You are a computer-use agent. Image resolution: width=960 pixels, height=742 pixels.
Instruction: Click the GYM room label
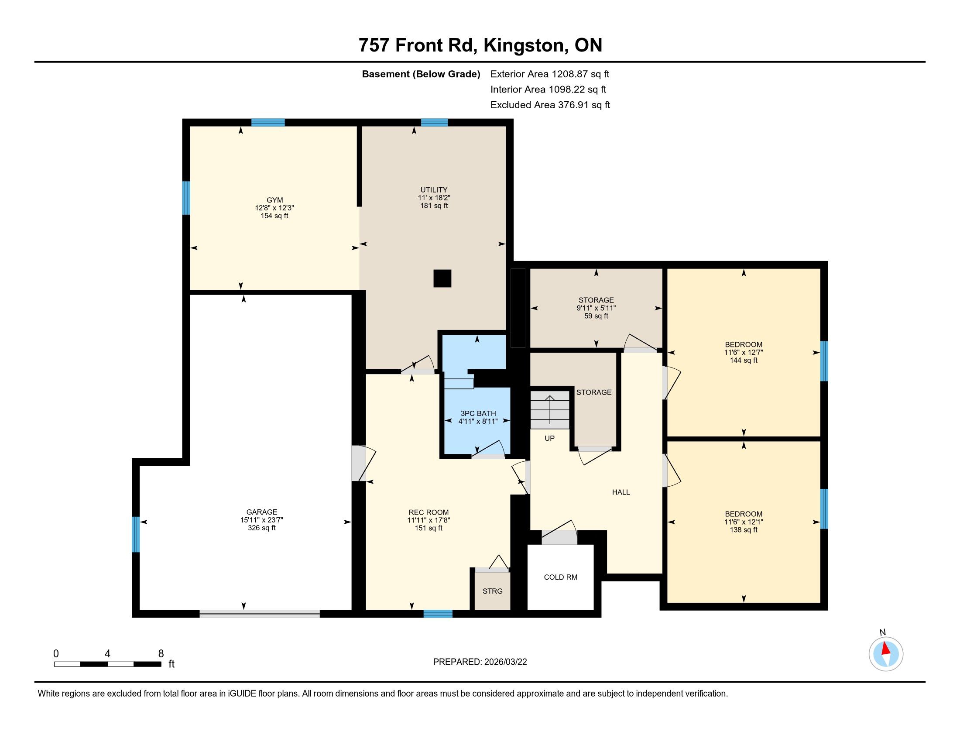(x=274, y=200)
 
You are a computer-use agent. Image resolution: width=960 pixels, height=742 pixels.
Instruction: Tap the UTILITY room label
(x=434, y=190)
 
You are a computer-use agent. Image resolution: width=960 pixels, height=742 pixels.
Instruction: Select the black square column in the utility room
(x=442, y=278)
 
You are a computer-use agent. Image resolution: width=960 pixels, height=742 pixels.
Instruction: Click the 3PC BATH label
(x=478, y=413)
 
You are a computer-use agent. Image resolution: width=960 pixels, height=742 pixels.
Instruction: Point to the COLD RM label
(x=560, y=577)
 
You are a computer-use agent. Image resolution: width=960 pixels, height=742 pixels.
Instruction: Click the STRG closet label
(x=492, y=591)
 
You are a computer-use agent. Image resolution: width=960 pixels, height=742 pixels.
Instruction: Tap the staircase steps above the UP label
(x=550, y=410)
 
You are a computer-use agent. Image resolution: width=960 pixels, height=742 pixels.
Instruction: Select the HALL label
(x=621, y=492)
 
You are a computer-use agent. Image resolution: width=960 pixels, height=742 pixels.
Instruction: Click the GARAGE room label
(x=261, y=512)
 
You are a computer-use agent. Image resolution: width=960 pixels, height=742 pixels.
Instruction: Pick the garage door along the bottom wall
(x=260, y=614)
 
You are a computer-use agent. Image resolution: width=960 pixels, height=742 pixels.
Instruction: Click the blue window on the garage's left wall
(x=136, y=534)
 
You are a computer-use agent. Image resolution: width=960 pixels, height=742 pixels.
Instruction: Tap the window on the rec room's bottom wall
(x=438, y=614)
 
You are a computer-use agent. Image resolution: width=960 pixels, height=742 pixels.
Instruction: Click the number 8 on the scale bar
(x=161, y=653)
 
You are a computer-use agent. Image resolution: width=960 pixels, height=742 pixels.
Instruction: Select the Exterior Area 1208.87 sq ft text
(x=550, y=74)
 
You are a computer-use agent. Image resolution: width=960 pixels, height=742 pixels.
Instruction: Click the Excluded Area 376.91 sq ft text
(x=550, y=105)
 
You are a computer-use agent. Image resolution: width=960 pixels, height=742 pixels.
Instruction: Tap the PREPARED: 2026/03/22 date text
(x=480, y=662)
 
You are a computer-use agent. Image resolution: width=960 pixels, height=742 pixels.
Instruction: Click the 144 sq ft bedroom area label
(x=743, y=361)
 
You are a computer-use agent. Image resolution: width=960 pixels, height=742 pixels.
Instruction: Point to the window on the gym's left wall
(x=186, y=198)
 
